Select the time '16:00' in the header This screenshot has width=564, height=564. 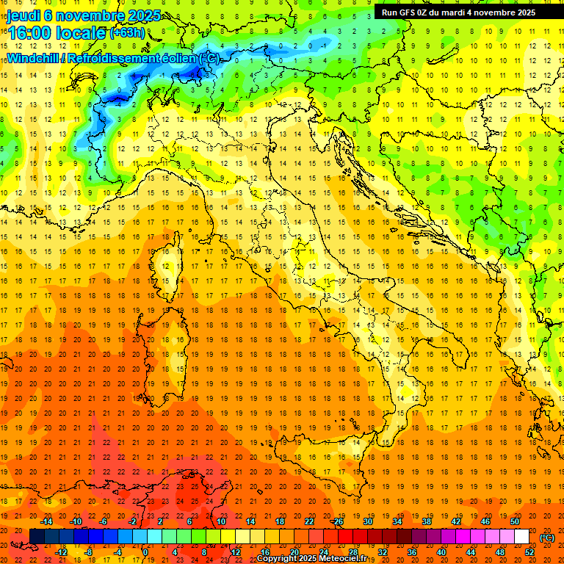[29, 34]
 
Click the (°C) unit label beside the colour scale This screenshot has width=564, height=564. [547, 538]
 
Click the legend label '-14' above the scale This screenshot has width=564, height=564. [48, 521]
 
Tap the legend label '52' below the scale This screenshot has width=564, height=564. [529, 552]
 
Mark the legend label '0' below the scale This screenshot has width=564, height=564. [145, 552]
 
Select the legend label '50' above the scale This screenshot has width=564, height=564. [515, 521]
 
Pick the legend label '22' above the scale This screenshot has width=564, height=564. [309, 521]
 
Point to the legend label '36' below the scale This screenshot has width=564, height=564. [412, 552]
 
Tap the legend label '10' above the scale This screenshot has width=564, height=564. [221, 521]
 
